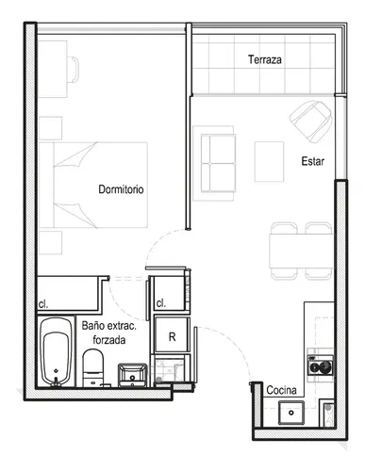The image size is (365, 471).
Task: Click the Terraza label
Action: pyautogui.click(x=265, y=59)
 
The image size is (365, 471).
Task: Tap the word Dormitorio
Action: pyautogui.click(x=121, y=189)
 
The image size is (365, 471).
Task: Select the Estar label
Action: pyautogui.click(x=312, y=161)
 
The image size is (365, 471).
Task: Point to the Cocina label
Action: pyautogui.click(x=281, y=390)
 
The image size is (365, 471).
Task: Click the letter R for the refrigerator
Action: pyautogui.click(x=172, y=337)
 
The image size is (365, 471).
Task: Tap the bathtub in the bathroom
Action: pyautogui.click(x=56, y=351)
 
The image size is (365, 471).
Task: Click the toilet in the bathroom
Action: pyautogui.click(x=93, y=368)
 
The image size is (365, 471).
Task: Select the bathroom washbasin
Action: pyautogui.click(x=132, y=375)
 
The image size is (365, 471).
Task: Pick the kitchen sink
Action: pyautogui.click(x=291, y=413)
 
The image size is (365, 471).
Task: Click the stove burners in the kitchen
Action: pyautogui.click(x=321, y=365)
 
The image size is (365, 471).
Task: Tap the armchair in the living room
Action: pyautogui.click(x=311, y=122)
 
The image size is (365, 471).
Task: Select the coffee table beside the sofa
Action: pyautogui.click(x=269, y=161)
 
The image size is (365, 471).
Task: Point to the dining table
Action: pyautogui.click(x=301, y=251)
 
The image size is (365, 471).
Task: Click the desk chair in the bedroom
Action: pyautogui.click(x=73, y=70)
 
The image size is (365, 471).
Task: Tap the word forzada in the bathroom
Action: pyautogui.click(x=109, y=340)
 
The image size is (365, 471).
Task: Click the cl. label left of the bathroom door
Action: pyautogui.click(x=43, y=304)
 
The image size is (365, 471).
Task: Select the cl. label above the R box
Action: pyautogui.click(x=161, y=303)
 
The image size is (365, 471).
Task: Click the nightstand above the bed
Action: pyautogui.click(x=50, y=128)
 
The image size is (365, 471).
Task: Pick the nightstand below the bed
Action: pyautogui.click(x=50, y=242)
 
